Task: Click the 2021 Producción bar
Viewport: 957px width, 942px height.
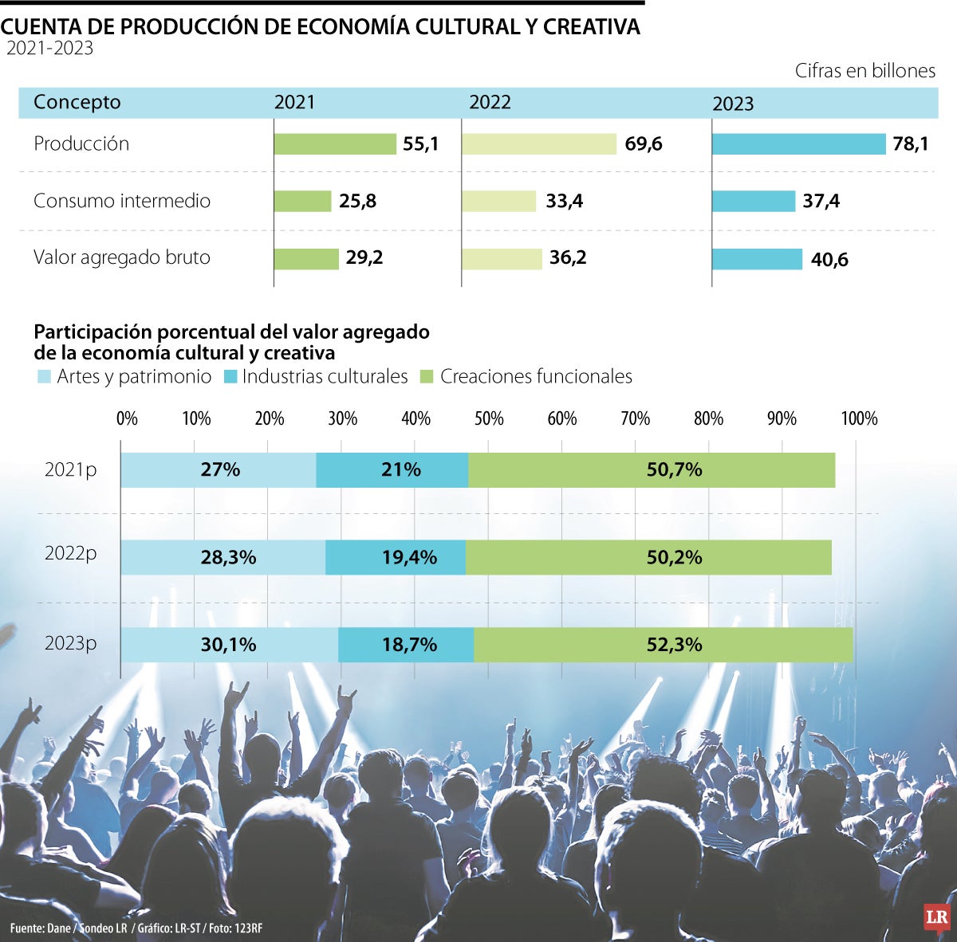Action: pyautogui.click(x=335, y=144)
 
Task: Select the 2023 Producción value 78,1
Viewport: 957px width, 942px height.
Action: pyautogui.click(x=910, y=144)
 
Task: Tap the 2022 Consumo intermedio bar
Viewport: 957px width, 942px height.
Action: pyautogui.click(x=498, y=201)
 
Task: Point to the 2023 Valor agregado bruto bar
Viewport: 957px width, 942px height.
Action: pyautogui.click(x=757, y=259)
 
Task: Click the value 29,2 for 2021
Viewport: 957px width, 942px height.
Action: pyautogui.click(x=364, y=258)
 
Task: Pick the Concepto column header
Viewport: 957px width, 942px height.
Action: pyautogui.click(x=77, y=102)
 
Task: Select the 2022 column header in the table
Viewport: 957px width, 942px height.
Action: pyautogui.click(x=490, y=102)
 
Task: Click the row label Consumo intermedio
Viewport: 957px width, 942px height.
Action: pyautogui.click(x=122, y=201)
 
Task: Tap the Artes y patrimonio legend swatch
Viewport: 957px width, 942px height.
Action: pyautogui.click(x=43, y=377)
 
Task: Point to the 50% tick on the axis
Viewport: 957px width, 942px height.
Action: pyautogui.click(x=489, y=418)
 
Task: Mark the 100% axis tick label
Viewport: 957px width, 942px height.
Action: pyautogui.click(x=859, y=418)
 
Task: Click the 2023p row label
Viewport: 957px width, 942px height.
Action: pyautogui.click(x=70, y=643)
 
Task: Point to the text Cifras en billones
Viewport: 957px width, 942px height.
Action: pyautogui.click(x=864, y=71)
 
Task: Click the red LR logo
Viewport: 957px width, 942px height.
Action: pyautogui.click(x=936, y=917)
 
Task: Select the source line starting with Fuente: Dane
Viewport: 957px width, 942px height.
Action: pyautogui.click(x=136, y=928)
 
